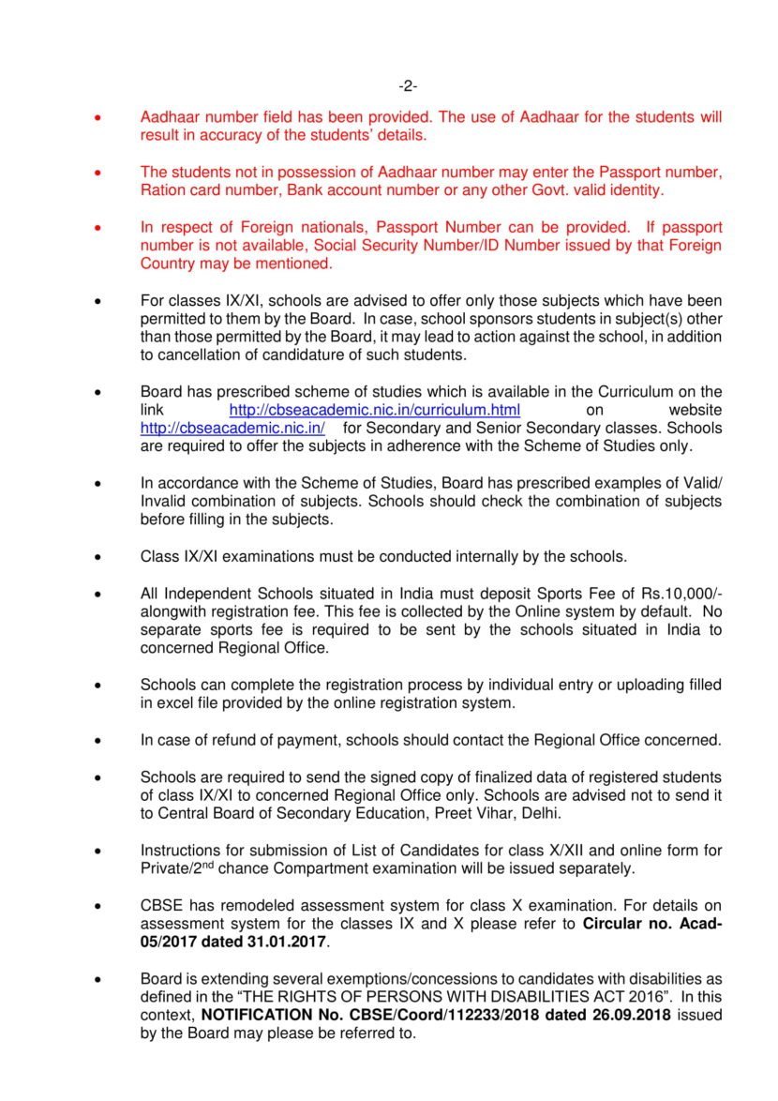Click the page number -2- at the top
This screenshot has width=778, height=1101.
[x=408, y=86]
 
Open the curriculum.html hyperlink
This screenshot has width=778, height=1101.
[x=375, y=411]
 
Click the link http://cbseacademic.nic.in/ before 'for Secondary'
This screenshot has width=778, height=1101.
[x=232, y=428]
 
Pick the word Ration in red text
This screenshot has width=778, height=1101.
[x=163, y=190]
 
